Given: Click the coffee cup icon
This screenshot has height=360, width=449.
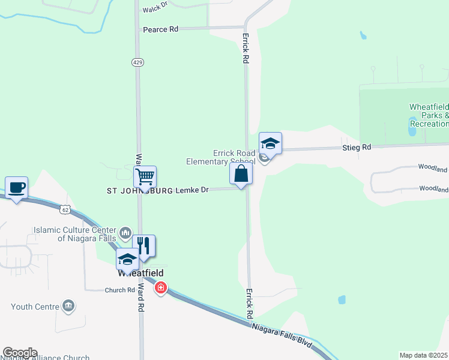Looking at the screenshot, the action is click(x=16, y=188).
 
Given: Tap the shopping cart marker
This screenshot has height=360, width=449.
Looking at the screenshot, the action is click(x=145, y=177).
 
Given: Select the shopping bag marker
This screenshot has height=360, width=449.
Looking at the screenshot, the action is click(x=241, y=174).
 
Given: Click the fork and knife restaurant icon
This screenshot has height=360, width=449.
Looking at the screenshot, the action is click(x=143, y=246).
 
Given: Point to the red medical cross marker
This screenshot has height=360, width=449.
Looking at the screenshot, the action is click(x=160, y=289).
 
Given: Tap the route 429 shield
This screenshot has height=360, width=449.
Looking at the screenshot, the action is click(x=137, y=62).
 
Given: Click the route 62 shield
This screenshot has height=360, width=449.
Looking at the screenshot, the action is click(x=65, y=209).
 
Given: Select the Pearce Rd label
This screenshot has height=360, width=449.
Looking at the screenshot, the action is click(x=160, y=29).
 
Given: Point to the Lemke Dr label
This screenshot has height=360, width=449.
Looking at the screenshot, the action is click(x=192, y=190).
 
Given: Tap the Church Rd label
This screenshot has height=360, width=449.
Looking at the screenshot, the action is click(x=119, y=290).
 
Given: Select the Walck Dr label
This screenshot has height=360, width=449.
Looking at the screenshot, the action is click(x=155, y=10).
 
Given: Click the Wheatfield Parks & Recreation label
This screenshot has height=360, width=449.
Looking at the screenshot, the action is click(x=429, y=115).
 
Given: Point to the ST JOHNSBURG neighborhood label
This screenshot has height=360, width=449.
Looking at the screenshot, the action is click(x=139, y=191).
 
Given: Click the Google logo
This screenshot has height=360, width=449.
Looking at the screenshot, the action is click(x=20, y=353).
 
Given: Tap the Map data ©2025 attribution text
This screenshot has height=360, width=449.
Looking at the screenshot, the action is click(x=423, y=355).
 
